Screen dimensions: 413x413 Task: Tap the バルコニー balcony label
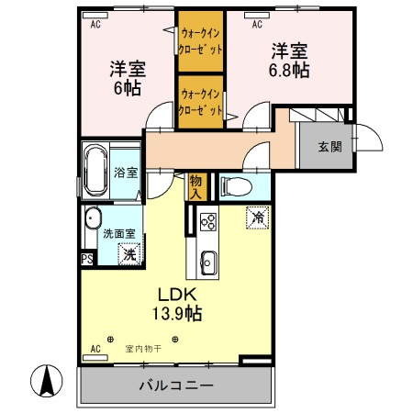(176, 385)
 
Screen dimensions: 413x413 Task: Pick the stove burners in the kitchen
(207, 221)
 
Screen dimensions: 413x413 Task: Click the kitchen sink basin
(207, 261)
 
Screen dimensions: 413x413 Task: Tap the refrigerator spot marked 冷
(258, 218)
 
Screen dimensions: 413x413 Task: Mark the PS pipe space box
(87, 259)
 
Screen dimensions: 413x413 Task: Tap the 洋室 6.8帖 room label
(286, 59)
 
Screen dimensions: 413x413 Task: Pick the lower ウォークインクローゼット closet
(200, 102)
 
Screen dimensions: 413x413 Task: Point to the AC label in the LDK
(95, 350)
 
